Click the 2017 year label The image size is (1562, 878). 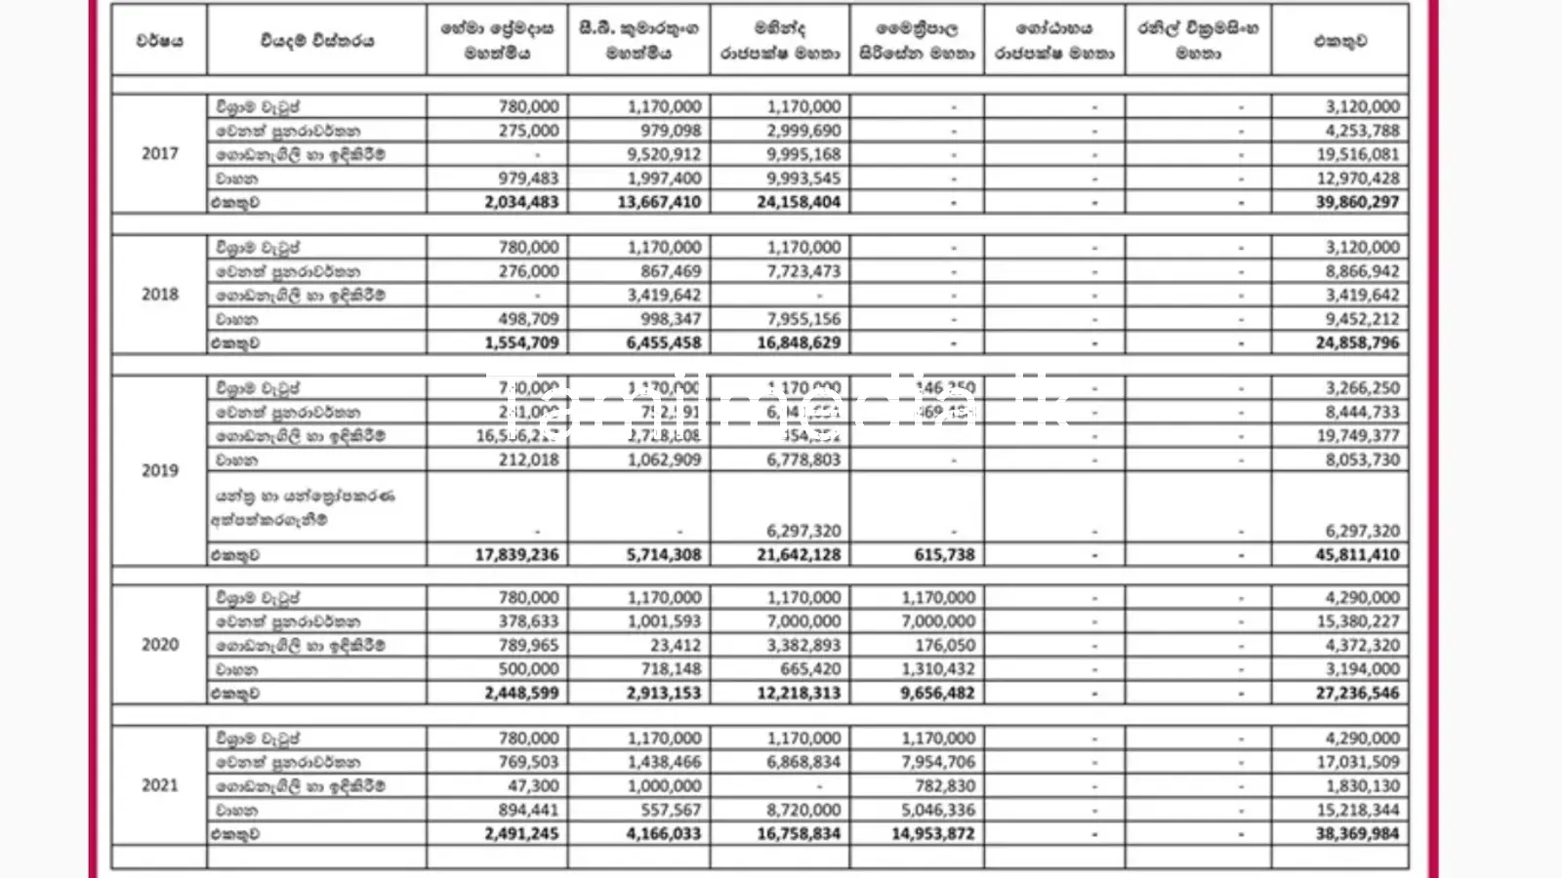[160, 153]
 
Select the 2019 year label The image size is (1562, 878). [160, 470]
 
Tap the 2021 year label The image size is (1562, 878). [160, 785]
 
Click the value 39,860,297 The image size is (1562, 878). [1357, 202]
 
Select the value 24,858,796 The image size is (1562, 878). [1357, 342]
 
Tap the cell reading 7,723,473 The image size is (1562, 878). [803, 271]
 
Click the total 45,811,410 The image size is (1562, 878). [1357, 554]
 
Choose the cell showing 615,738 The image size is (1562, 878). [944, 554]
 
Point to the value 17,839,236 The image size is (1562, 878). [517, 554]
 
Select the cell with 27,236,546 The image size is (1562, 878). [1357, 693]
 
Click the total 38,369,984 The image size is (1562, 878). [1357, 833]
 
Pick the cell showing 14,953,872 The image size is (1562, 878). [932, 833]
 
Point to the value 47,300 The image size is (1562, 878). [533, 785]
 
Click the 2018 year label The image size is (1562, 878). [160, 294]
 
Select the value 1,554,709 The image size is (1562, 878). [521, 342]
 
